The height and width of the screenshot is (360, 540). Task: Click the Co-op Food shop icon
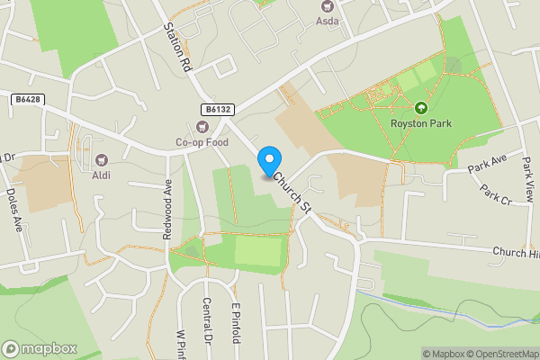[x=202, y=127]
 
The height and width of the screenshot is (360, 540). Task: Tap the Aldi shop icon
[x=101, y=160]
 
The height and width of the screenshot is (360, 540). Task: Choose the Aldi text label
[x=101, y=175]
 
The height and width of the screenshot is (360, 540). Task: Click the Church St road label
[x=293, y=191]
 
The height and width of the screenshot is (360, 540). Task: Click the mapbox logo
[x=39, y=348]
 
